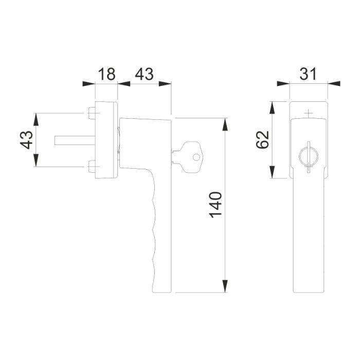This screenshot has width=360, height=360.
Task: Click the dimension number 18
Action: tap(106, 74)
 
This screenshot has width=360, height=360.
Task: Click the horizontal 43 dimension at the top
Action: tap(143, 74)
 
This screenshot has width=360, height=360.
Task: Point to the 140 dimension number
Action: tap(216, 205)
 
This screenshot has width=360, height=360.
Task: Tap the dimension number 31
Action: tap(308, 74)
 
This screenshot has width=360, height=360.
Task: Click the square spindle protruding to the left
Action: tap(72, 140)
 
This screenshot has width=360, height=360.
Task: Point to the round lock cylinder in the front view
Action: tap(308, 155)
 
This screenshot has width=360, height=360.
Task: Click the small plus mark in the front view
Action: tap(308, 112)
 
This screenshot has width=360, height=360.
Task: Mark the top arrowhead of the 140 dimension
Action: tap(225, 123)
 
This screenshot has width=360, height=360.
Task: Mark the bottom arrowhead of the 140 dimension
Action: tap(225, 287)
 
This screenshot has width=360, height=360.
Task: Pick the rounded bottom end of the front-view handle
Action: tap(308, 291)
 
